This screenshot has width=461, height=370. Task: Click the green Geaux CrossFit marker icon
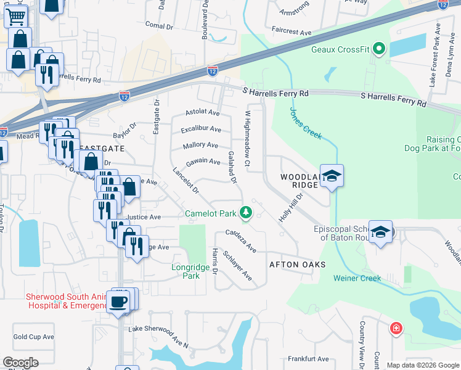tap(379, 48)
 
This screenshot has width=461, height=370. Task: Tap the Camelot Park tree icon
tap(246, 213)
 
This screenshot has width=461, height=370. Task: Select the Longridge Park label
tap(185, 271)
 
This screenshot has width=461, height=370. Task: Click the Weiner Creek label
tap(357, 278)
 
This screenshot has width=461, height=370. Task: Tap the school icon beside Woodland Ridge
tap(332, 176)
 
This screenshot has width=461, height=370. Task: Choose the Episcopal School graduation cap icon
tap(381, 232)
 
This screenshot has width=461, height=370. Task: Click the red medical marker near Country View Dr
tap(394, 328)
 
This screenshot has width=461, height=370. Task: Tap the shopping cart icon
tap(15, 15)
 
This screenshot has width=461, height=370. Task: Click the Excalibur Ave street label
tap(201, 129)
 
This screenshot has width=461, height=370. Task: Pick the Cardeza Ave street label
tap(241, 241)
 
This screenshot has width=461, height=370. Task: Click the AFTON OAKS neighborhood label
tap(297, 265)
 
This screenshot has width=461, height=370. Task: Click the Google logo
tap(20, 363)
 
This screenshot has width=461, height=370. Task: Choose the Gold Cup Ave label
tap(34, 337)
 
